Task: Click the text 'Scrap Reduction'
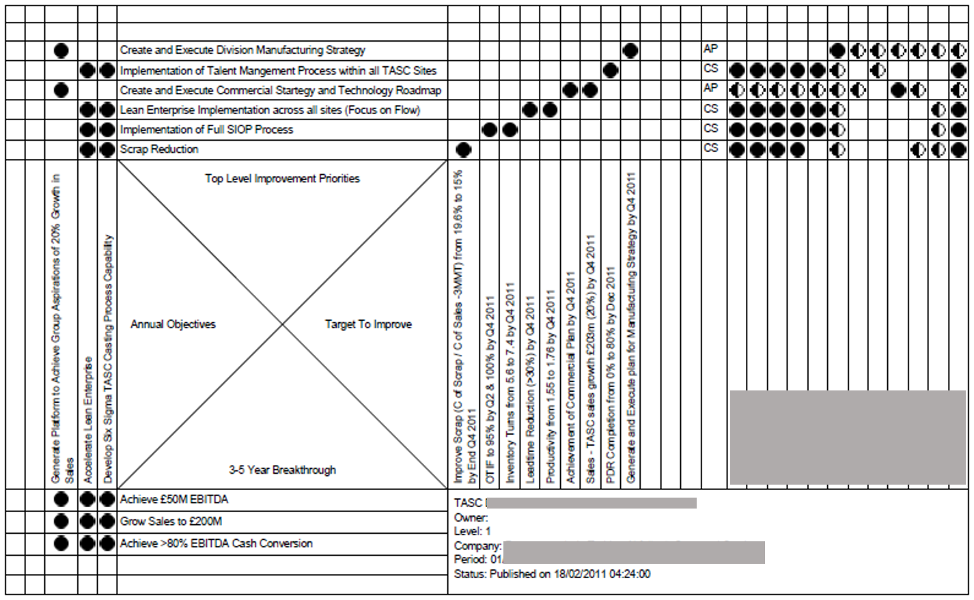pyautogui.click(x=159, y=149)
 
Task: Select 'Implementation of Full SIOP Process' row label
pyautogui.click(x=206, y=130)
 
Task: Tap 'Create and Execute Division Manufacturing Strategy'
pyautogui.click(x=242, y=51)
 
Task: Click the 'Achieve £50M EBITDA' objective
pyautogui.click(x=174, y=500)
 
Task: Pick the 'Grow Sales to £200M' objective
pyautogui.click(x=171, y=522)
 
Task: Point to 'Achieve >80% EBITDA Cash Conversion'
pyautogui.click(x=216, y=544)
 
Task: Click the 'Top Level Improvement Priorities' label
pyautogui.click(x=282, y=179)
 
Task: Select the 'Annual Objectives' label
pyautogui.click(x=173, y=325)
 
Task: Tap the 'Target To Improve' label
pyautogui.click(x=368, y=325)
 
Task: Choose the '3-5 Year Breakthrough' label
pyautogui.click(x=282, y=470)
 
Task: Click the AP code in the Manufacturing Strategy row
pyautogui.click(x=710, y=49)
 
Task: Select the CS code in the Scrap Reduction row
pyautogui.click(x=710, y=148)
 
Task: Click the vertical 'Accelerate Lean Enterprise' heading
pyautogui.click(x=87, y=420)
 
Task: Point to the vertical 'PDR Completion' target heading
pyautogui.click(x=611, y=375)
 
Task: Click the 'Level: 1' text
pyautogui.click(x=472, y=531)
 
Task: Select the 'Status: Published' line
pyautogui.click(x=552, y=575)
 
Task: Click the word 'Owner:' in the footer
pyautogui.click(x=471, y=518)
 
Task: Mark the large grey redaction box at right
pyautogui.click(x=847, y=438)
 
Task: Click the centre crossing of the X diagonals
pyautogui.click(x=283, y=325)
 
